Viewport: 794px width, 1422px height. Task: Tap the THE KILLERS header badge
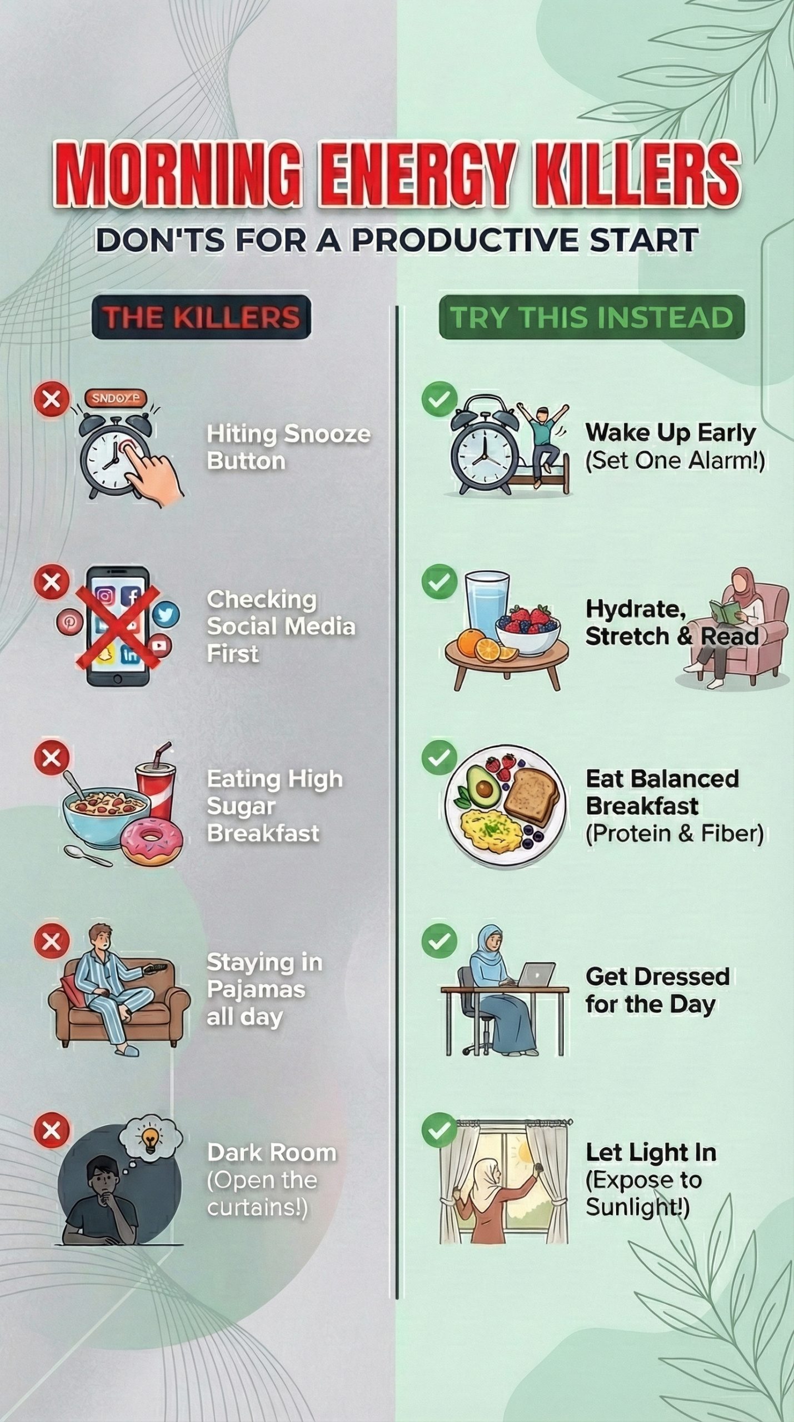[x=201, y=317]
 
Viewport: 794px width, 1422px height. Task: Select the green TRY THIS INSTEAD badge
[x=591, y=317]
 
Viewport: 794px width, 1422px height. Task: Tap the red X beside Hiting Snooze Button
[x=52, y=399]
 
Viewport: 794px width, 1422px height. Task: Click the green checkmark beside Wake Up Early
[x=439, y=399]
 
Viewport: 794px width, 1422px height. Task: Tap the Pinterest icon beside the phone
[x=69, y=622]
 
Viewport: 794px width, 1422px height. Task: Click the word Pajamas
[x=256, y=989]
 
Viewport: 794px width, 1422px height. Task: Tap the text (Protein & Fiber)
[x=674, y=833]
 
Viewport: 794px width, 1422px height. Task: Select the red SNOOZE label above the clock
[x=116, y=398]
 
